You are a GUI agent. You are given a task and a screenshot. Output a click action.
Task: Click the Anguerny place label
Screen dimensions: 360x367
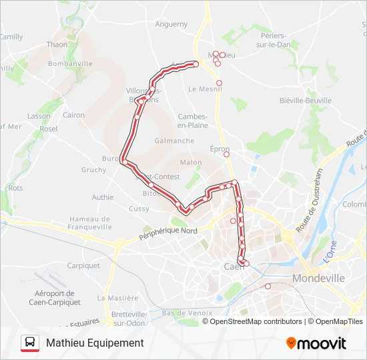[171, 24]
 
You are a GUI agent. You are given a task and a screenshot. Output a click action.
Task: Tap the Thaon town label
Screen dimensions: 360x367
[57, 45]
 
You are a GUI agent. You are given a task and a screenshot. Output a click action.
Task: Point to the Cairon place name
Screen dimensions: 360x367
[73, 115]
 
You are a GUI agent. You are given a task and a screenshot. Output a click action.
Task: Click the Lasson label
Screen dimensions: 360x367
[39, 115]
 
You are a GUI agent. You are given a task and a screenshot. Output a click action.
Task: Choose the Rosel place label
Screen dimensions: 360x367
[49, 129]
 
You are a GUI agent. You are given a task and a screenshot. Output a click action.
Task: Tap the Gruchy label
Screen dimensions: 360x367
[93, 170]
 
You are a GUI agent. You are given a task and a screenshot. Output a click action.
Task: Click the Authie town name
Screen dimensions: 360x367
[102, 197]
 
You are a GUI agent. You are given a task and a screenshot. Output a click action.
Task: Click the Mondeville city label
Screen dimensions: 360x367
[319, 278]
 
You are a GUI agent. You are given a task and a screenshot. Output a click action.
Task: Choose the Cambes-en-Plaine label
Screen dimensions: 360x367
[194, 121]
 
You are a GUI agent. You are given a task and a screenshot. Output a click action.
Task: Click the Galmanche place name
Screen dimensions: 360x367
[174, 141]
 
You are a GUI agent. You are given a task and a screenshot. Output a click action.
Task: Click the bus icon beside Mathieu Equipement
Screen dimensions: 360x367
[30, 343]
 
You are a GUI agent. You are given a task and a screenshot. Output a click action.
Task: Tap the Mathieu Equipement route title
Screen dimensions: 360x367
[95, 343]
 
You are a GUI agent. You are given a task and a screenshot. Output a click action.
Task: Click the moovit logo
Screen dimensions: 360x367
[316, 343]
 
